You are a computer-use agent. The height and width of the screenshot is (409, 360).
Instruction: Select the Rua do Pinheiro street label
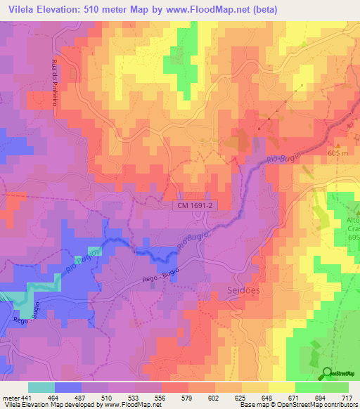coord(54,84)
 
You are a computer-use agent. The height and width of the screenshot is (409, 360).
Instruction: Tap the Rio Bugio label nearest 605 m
coord(283,158)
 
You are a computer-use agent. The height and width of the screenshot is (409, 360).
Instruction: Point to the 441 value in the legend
coord(27,397)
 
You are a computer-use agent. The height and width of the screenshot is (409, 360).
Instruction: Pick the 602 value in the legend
coord(211,397)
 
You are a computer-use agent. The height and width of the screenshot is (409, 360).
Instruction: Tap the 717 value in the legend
coord(345,397)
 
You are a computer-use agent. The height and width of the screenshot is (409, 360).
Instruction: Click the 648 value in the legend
coord(265,397)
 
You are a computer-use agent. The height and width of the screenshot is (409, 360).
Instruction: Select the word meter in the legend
coord(9,397)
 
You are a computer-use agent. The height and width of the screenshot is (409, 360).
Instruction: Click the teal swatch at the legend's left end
coord(41,387)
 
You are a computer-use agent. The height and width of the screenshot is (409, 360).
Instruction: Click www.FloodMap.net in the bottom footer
coord(131,405)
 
